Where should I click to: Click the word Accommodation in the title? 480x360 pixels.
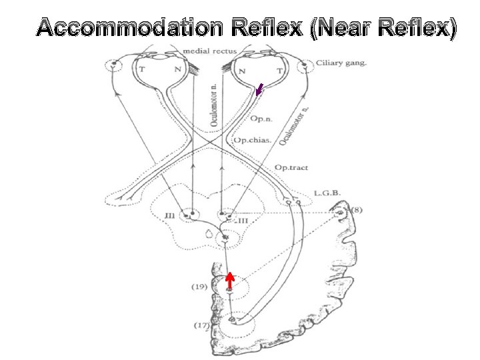point(129,28)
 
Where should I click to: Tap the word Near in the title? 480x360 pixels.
point(348,28)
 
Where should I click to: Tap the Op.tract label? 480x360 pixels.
point(291,167)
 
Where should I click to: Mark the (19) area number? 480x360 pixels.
point(198,287)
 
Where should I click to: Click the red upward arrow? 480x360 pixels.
point(229,281)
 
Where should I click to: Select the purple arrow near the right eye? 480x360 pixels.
point(259,89)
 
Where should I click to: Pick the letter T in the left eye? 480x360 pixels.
point(141,69)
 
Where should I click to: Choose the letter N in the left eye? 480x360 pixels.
point(177,69)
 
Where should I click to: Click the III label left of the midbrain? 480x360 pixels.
point(170,215)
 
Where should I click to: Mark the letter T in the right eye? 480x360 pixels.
point(277,69)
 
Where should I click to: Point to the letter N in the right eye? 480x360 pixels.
point(241,70)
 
